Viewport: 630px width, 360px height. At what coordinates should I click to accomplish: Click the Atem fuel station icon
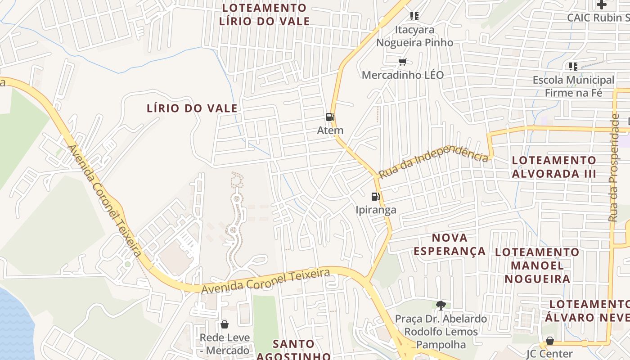click(330, 117)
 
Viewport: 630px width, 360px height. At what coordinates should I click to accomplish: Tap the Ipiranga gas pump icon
click(375, 196)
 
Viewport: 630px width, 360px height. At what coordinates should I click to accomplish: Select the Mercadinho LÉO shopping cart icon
click(402, 62)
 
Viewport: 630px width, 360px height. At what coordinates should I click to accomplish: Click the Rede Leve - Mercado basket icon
click(224, 324)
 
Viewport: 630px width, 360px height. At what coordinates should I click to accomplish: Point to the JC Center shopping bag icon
click(549, 340)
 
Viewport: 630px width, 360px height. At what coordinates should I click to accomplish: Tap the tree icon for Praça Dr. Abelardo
click(441, 305)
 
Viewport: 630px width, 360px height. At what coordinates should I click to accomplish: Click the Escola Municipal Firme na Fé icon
click(573, 67)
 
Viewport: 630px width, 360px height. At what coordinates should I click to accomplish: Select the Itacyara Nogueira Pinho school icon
click(414, 16)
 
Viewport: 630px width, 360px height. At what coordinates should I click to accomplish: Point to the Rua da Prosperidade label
click(614, 167)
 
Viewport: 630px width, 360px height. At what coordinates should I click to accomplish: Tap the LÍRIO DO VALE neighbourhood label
click(192, 108)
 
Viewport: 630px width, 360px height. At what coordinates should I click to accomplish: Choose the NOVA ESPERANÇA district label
click(450, 244)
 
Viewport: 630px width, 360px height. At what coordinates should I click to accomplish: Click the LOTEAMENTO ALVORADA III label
click(554, 167)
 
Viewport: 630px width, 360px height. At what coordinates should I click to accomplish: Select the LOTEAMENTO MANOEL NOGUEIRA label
click(537, 265)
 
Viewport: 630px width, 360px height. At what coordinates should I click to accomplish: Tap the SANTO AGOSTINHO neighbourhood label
click(294, 350)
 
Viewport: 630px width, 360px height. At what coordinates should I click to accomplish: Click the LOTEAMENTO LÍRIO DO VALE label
click(264, 14)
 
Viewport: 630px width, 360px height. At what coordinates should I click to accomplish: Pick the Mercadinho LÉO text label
click(403, 75)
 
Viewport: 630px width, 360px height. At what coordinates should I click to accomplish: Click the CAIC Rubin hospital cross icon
click(601, 4)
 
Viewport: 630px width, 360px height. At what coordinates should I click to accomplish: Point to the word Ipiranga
click(376, 210)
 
